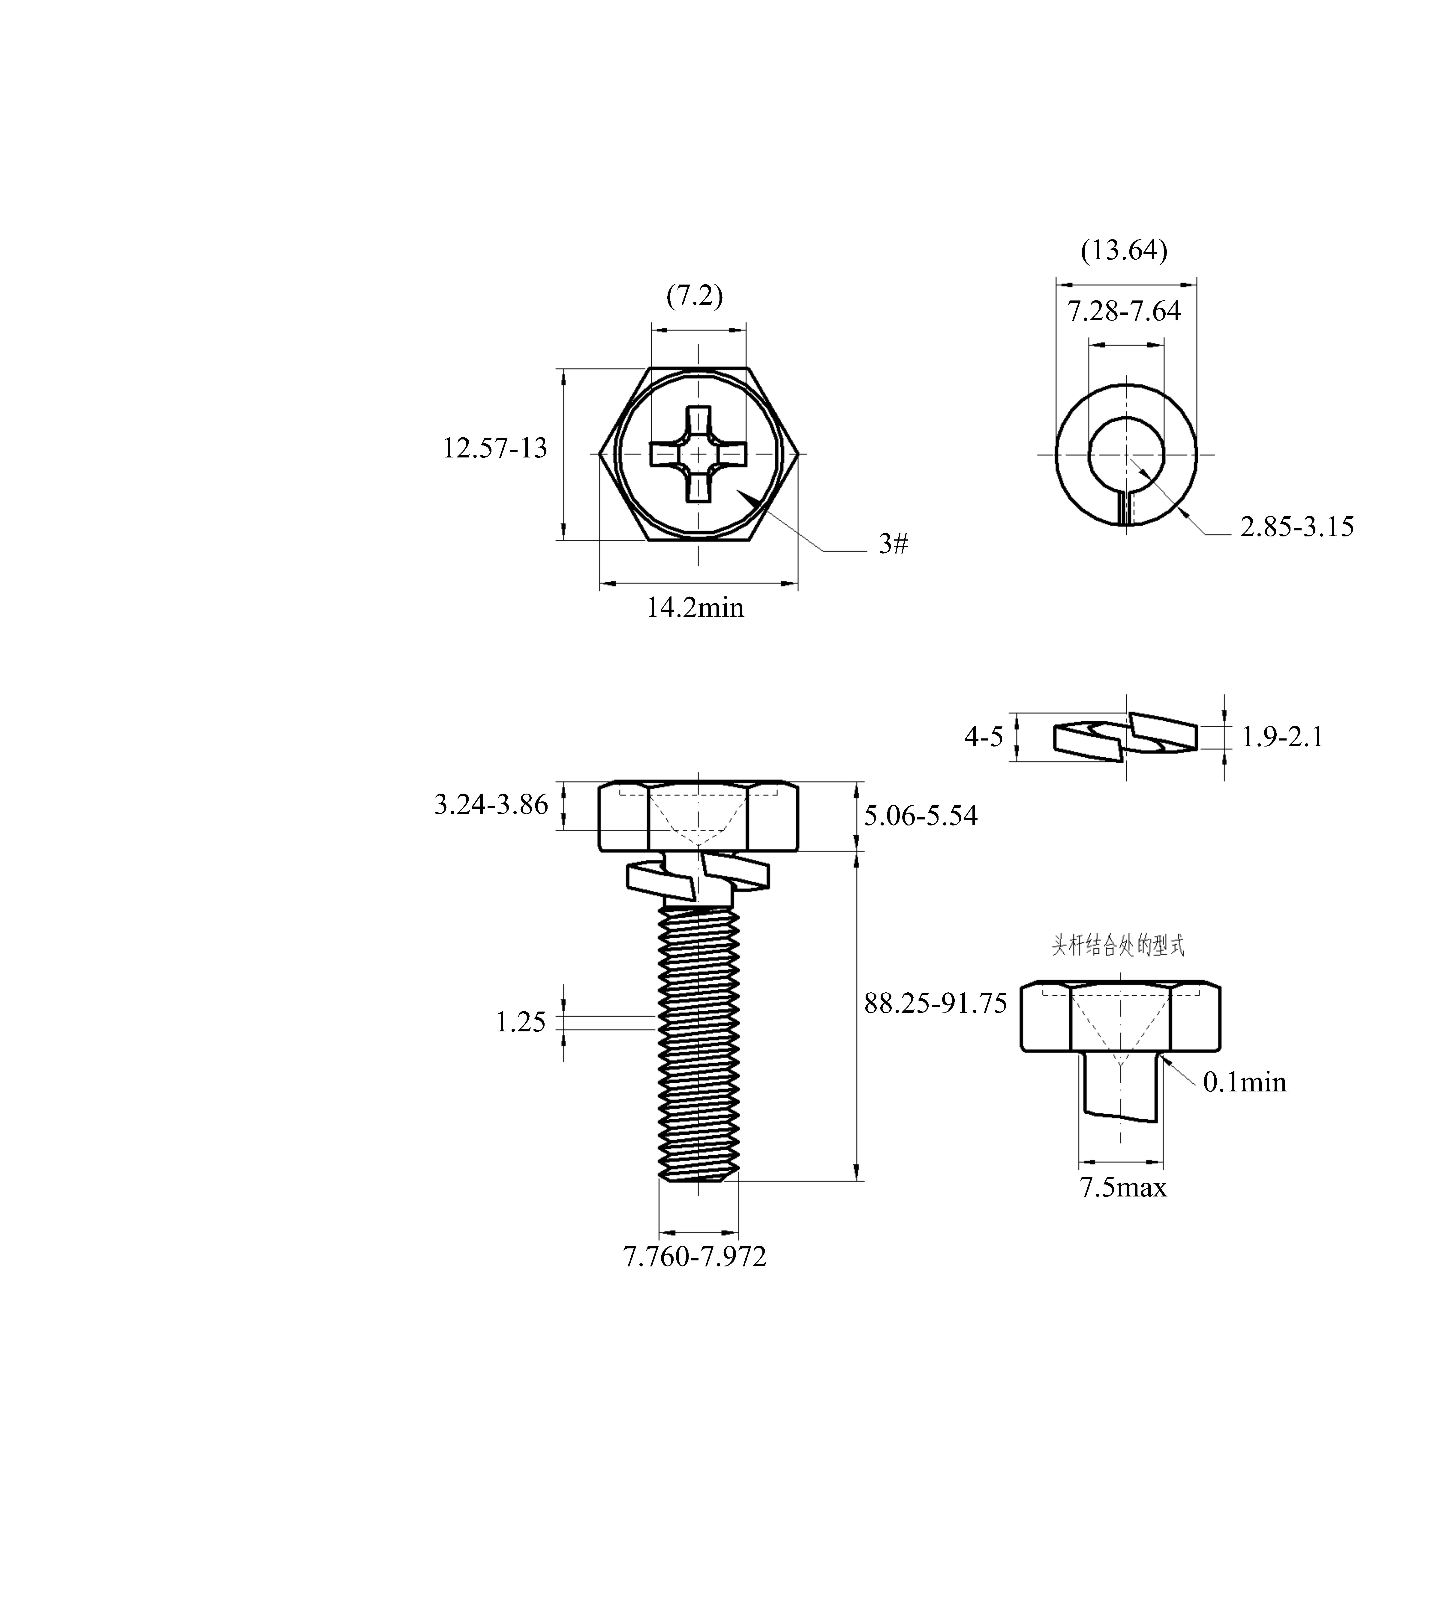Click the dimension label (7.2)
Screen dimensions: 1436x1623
pos(695,296)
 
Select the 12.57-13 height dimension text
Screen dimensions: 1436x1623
pos(494,449)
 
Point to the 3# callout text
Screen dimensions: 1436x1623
pos(893,544)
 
